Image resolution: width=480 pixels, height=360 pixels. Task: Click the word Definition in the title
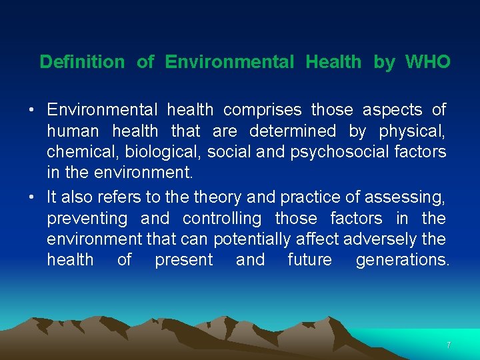(82, 62)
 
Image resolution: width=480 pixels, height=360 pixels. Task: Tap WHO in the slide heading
(427, 62)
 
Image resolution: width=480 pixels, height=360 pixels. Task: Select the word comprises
(262, 109)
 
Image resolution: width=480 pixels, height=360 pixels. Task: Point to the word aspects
(392, 109)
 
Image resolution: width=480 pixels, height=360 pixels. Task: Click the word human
(73, 131)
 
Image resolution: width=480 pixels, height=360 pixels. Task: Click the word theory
(219, 197)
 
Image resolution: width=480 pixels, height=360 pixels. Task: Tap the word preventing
(87, 219)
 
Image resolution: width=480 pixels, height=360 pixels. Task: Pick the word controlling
(222, 219)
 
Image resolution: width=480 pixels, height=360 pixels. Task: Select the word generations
(403, 260)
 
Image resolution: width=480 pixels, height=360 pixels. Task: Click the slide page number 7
(449, 345)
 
